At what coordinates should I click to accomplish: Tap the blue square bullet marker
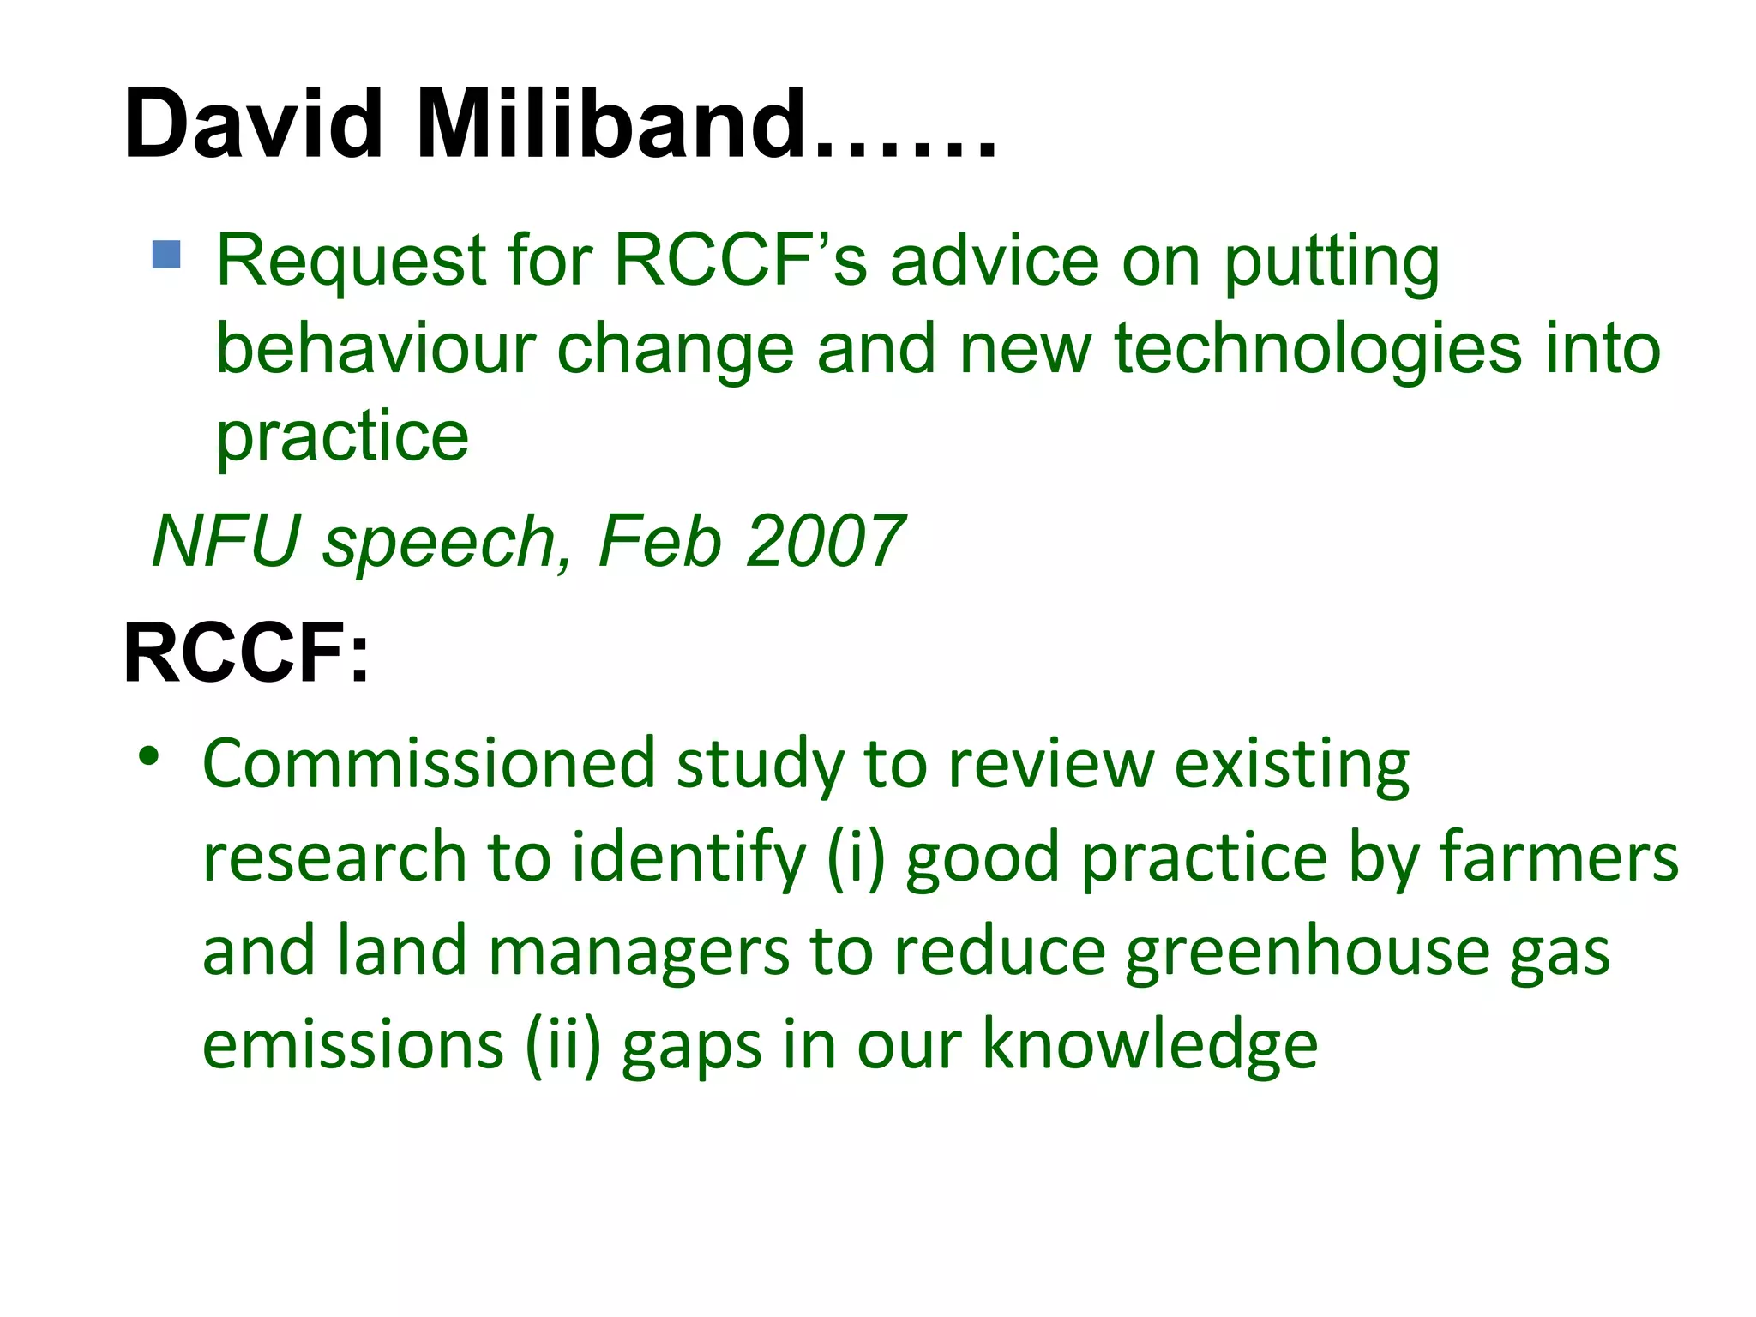[166, 255]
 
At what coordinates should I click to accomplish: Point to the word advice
[995, 261]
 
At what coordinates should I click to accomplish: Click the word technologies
[1317, 352]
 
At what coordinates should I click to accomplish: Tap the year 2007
[825, 541]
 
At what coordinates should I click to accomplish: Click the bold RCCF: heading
[246, 653]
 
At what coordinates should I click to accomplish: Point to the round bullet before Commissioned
[149, 756]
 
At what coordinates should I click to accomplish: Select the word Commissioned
[429, 763]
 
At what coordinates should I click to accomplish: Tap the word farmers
[1558, 857]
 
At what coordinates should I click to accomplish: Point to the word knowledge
[1150, 1046]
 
